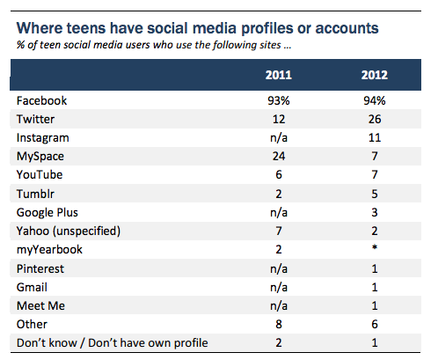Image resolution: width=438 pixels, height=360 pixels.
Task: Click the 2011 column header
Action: pyautogui.click(x=279, y=75)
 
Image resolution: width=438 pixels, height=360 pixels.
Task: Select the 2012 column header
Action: pyautogui.click(x=375, y=75)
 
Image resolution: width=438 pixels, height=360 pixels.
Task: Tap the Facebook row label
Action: pyautogui.click(x=41, y=101)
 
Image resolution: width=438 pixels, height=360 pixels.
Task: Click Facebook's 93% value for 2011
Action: pyautogui.click(x=279, y=101)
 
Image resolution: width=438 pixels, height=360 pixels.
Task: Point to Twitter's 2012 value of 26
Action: pyautogui.click(x=375, y=120)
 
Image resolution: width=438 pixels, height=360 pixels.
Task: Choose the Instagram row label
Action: pyautogui.click(x=43, y=138)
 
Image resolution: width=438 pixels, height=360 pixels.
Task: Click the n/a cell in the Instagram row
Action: pyautogui.click(x=279, y=138)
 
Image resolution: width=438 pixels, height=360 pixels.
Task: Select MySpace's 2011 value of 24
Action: pyautogui.click(x=279, y=157)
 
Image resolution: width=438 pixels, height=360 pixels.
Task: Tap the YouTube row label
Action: pyautogui.click(x=40, y=175)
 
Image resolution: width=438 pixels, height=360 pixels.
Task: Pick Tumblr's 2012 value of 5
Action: pyautogui.click(x=375, y=194)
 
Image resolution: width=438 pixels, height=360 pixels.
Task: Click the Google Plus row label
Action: pyautogui.click(x=47, y=213)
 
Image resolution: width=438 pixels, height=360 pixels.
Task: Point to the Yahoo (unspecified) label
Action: pyautogui.click(x=69, y=231)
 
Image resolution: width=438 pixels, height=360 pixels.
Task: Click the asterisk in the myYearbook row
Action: pyautogui.click(x=375, y=247)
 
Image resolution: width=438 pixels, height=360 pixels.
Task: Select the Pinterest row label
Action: pyautogui.click(x=40, y=268)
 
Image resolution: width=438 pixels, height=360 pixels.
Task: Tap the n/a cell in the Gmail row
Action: pyautogui.click(x=279, y=288)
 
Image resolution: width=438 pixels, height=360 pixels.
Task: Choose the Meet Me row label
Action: pyautogui.click(x=40, y=306)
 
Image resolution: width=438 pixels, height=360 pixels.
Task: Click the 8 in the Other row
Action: pyautogui.click(x=279, y=325)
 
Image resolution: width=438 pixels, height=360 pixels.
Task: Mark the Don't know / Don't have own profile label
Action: pyautogui.click(x=113, y=343)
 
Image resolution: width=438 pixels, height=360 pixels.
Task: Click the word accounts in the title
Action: pyautogui.click(x=347, y=28)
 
